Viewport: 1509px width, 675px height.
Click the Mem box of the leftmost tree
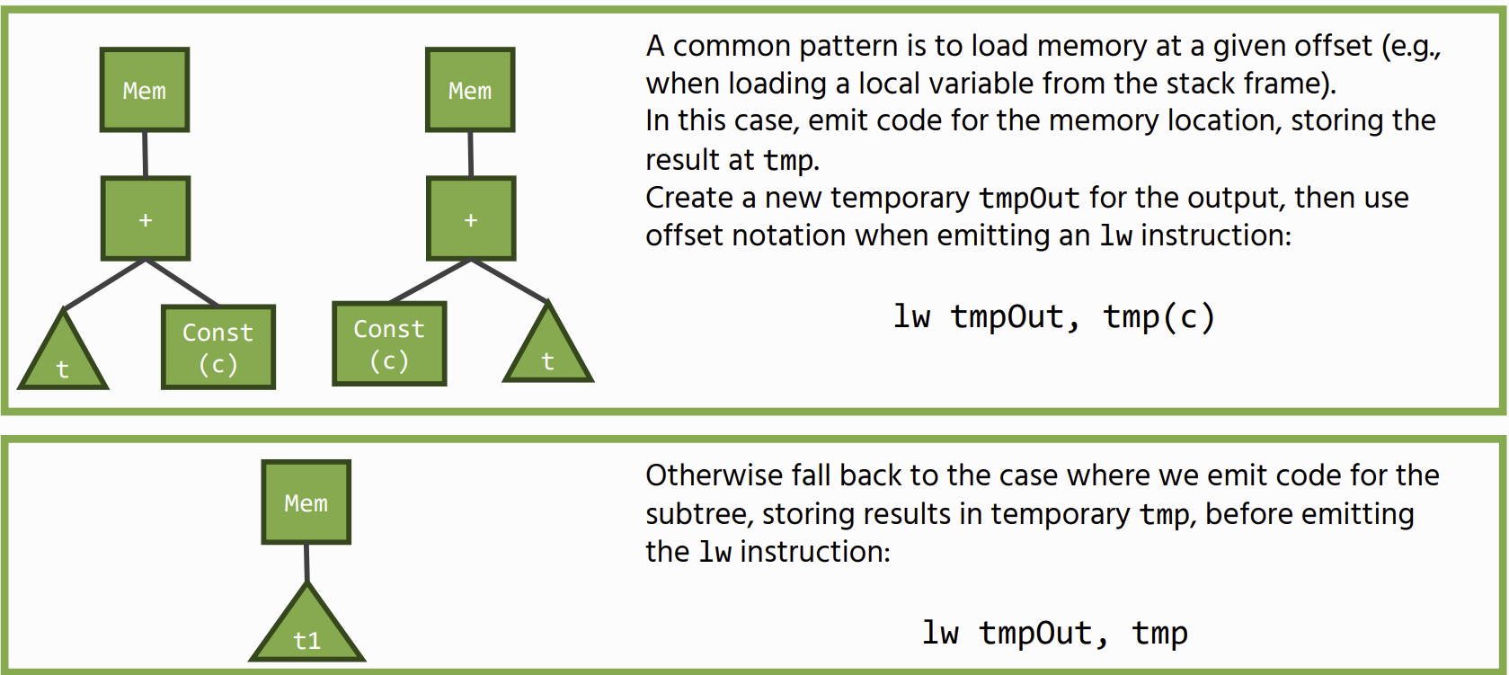144,90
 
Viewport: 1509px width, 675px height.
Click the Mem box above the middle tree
470,90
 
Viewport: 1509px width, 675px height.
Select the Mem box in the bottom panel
306,502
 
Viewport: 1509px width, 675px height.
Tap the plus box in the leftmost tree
146,219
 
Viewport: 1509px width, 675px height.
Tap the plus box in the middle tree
471,219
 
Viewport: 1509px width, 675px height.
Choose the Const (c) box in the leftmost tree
218,347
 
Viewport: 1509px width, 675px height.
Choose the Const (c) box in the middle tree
389,343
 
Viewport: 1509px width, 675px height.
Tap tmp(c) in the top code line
1158,316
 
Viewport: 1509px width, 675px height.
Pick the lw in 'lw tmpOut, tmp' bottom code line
940,633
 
